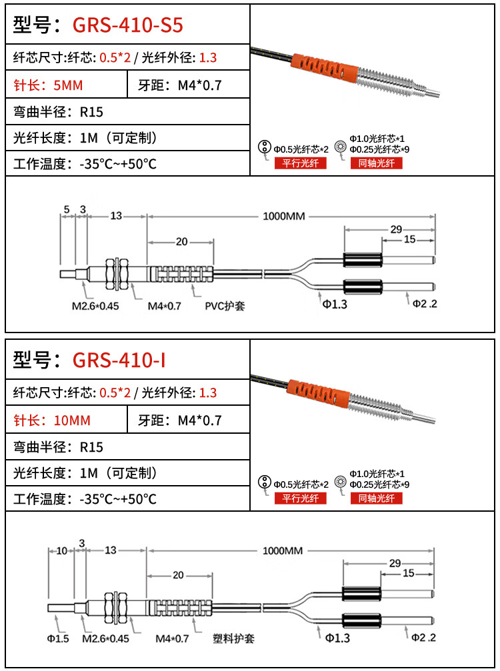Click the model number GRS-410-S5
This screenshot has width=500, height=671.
[127, 25]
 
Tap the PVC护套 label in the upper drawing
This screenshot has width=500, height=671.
[225, 307]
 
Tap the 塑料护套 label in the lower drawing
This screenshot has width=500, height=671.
[233, 638]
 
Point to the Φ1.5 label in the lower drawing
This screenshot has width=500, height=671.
[58, 638]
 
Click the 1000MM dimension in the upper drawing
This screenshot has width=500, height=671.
[284, 217]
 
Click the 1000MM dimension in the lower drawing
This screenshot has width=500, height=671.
[284, 551]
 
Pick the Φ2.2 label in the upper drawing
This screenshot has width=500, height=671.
[424, 304]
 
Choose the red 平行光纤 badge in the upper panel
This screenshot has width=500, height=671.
[301, 163]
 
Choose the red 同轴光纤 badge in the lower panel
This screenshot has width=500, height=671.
[377, 498]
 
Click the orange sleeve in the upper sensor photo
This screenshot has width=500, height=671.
[321, 66]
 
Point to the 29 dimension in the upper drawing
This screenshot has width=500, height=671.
[396, 229]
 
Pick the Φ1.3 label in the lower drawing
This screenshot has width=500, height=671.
[337, 638]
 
